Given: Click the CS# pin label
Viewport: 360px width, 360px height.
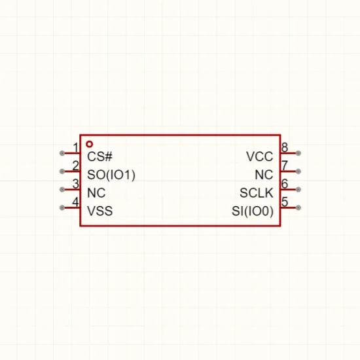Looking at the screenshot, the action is click(x=100, y=156).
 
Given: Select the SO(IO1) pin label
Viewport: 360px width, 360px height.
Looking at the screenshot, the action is click(x=111, y=175).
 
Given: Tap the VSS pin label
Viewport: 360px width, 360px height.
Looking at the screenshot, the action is click(x=100, y=211).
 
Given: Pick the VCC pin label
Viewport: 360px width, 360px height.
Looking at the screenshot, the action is click(x=260, y=156).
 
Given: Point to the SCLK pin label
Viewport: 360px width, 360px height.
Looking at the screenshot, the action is click(x=257, y=193).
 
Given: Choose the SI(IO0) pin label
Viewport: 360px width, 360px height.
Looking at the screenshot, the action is click(x=253, y=211).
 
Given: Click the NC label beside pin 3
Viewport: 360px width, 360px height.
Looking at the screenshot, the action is click(x=96, y=193).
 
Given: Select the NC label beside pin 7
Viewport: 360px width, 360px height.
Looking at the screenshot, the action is click(x=264, y=175).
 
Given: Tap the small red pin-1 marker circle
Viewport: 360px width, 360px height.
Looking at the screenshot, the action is click(x=89, y=144).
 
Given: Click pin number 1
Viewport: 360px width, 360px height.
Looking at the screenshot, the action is click(x=76, y=147).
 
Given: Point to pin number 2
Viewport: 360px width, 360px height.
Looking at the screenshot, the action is click(x=75, y=166).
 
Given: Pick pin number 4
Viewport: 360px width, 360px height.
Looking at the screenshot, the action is click(x=75, y=202).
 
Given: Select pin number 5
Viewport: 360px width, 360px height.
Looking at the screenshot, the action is click(x=285, y=202).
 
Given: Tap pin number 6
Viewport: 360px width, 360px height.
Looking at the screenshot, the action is click(x=285, y=184).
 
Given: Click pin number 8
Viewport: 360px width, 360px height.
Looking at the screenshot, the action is click(x=285, y=147).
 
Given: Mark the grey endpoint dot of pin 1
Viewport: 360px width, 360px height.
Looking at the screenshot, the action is click(x=62, y=153).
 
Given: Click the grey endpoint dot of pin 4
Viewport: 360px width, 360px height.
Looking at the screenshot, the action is click(x=62, y=207).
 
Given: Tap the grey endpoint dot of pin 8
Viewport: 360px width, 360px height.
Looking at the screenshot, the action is click(x=298, y=153).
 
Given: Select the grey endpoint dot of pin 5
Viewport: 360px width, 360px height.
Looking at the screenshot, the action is click(x=298, y=207).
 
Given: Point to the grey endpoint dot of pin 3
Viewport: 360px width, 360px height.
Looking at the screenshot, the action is click(x=62, y=189).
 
